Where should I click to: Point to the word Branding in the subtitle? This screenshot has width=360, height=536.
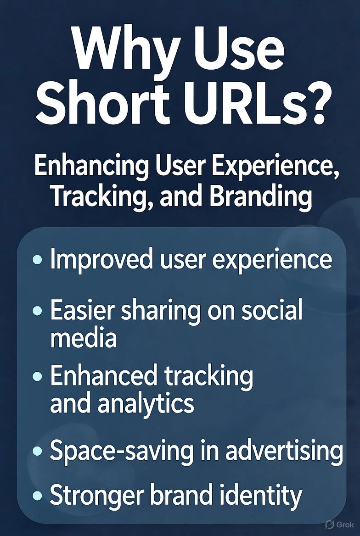[261, 196]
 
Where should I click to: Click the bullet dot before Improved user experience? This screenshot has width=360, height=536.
[38, 260]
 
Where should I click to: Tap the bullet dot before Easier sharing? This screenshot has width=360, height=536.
[38, 311]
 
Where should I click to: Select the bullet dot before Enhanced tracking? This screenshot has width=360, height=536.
[38, 377]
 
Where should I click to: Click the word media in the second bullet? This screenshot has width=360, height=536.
[83, 339]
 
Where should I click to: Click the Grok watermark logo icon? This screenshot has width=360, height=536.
[329, 524]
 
